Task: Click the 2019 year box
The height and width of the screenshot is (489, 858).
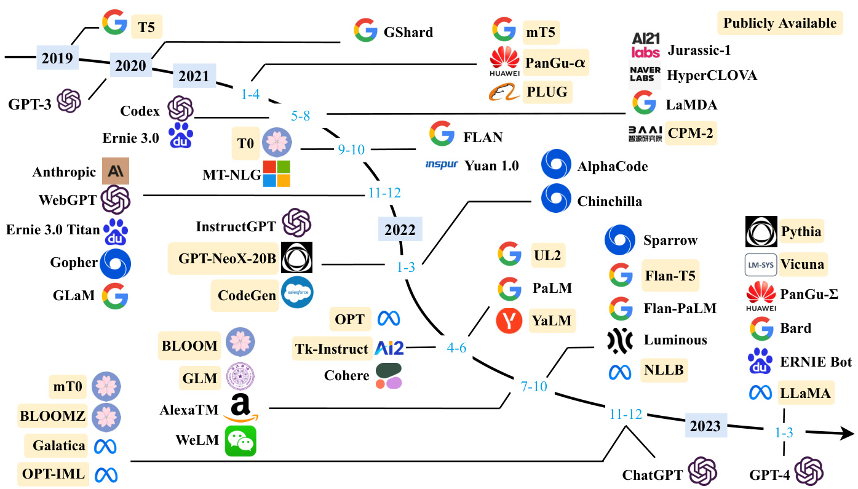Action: click(x=57, y=58)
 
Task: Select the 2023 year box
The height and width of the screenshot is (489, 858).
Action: click(x=705, y=426)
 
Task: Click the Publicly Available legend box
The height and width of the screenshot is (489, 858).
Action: click(x=780, y=23)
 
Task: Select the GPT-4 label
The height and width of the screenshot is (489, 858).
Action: click(x=769, y=475)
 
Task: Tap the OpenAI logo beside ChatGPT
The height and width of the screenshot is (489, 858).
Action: click(x=702, y=472)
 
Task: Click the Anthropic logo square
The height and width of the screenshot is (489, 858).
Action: click(x=116, y=172)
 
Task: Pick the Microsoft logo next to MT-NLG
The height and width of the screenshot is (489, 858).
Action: click(x=276, y=173)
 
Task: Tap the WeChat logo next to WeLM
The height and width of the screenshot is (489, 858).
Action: click(x=240, y=441)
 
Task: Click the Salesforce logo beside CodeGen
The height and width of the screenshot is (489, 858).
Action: click(x=296, y=293)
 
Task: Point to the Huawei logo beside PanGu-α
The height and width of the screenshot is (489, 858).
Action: click(x=504, y=64)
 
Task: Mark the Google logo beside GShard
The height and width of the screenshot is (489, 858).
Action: click(x=366, y=31)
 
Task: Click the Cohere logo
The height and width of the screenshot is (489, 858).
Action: click(x=388, y=376)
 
